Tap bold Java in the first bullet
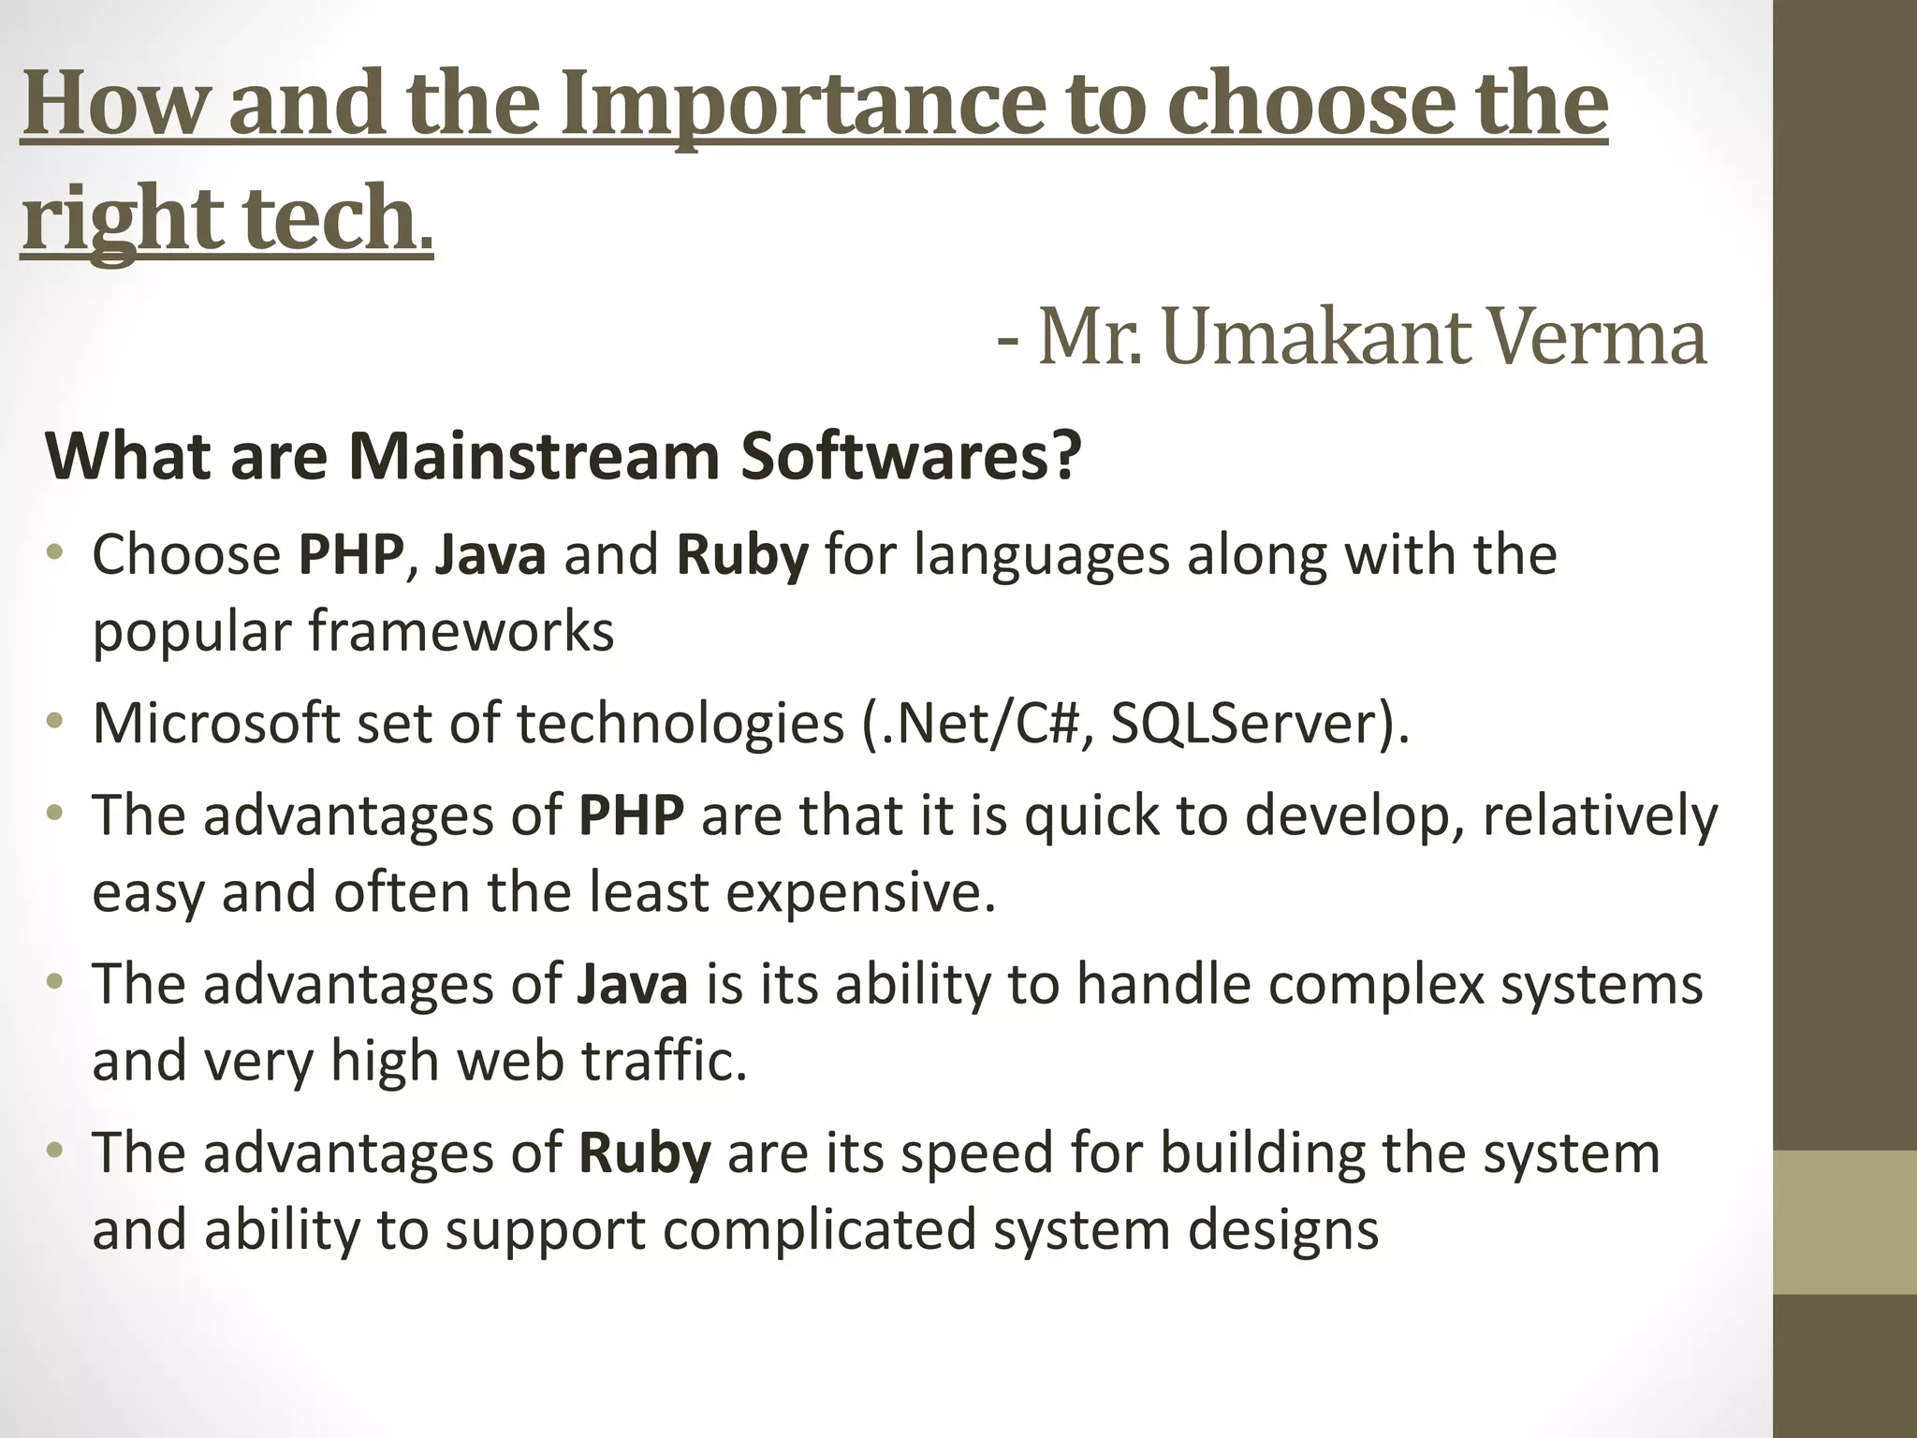pos(490,554)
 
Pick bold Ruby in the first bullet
pos(742,554)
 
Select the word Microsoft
pos(216,724)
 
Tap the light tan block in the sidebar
pos(1845,1222)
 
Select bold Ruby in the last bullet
pos(645,1152)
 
